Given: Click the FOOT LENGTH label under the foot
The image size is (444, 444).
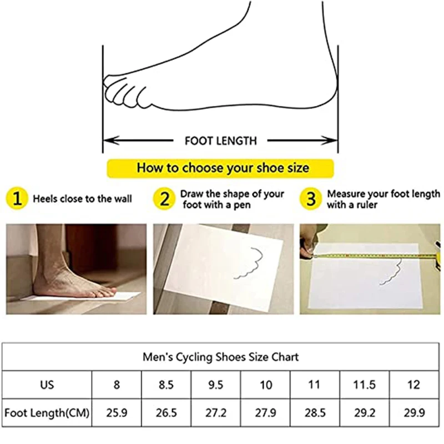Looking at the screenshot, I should [x=220, y=140].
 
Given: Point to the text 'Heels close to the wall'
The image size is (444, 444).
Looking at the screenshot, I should [x=82, y=199].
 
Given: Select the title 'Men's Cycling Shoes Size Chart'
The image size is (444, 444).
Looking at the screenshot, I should [x=221, y=356].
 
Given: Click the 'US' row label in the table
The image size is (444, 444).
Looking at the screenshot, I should [x=47, y=385].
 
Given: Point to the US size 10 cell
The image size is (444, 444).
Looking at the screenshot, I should [x=266, y=385].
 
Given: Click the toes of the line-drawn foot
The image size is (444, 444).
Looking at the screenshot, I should [x=119, y=89].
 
